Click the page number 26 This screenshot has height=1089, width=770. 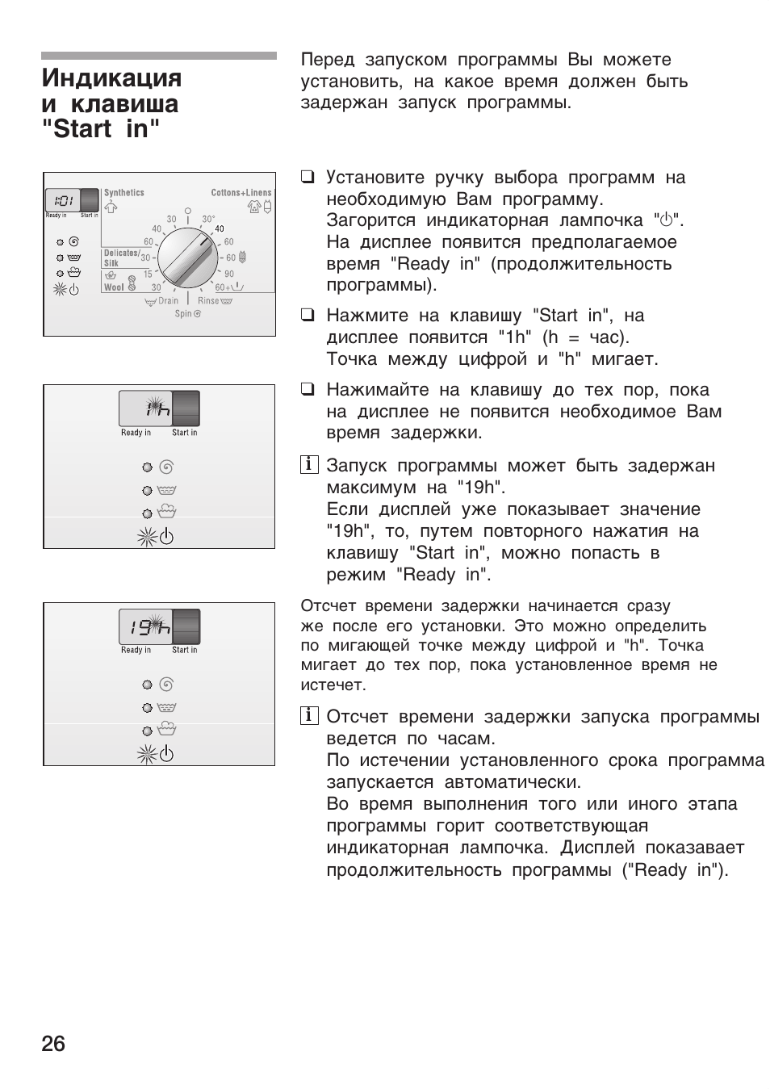coord(53,1044)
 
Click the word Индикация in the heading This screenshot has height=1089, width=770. coord(111,78)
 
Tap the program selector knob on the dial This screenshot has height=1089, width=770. coord(187,258)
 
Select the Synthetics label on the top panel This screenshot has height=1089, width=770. coord(124,193)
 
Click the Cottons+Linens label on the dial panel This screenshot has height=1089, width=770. coord(241,193)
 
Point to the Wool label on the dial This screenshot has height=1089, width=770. coord(114,287)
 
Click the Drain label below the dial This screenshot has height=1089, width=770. coord(168,301)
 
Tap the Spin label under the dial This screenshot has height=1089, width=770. coord(182,314)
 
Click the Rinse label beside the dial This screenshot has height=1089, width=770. coord(208,301)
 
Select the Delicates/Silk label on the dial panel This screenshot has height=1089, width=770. coord(120,258)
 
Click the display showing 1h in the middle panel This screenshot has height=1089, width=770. coord(145,409)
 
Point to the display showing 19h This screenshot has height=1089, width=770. coord(145,626)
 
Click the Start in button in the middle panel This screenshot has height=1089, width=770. coord(186,408)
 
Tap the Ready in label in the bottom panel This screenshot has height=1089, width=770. coord(136,650)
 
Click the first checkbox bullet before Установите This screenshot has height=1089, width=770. coord(308,178)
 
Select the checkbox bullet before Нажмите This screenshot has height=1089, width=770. coord(308,316)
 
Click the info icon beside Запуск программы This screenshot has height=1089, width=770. coord(308,465)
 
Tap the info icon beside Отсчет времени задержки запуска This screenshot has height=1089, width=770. coord(308,716)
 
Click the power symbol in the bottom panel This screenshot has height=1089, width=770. coord(166,754)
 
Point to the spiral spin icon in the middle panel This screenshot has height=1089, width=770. coord(167,467)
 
